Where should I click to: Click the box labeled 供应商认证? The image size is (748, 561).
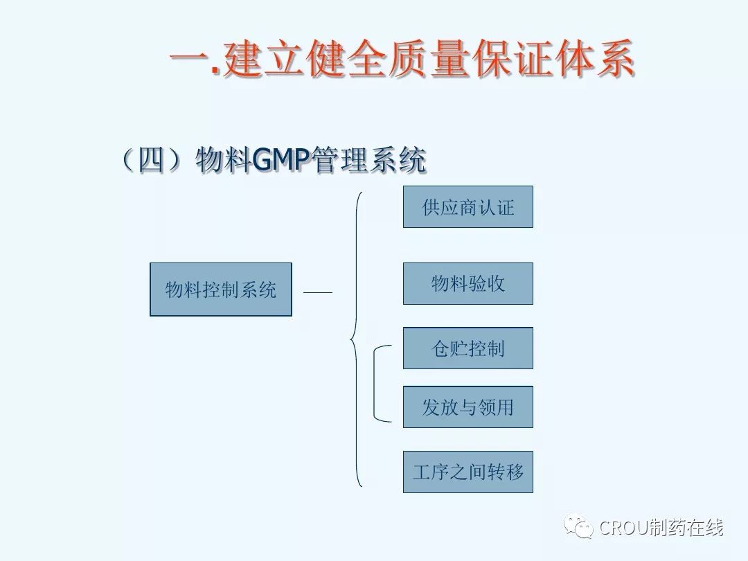coord(468,206)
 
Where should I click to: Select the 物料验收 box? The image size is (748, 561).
coord(468,283)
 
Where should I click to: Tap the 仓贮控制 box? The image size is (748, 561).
coord(468,348)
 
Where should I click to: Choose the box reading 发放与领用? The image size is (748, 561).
coord(468,407)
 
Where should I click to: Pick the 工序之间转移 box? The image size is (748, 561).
coord(468,472)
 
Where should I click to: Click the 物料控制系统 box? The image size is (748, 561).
coord(221,289)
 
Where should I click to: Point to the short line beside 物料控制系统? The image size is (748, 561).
coord(318,292)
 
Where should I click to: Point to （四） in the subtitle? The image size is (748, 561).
coord(153,161)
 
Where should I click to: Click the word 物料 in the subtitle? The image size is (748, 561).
coord(223,161)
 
